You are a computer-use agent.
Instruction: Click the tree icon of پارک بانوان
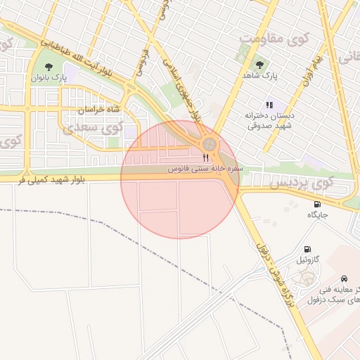pyautogui.click(x=48, y=67)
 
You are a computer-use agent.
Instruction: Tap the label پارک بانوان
pyautogui.click(x=48, y=78)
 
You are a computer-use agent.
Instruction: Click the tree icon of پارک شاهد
pyautogui.click(x=261, y=64)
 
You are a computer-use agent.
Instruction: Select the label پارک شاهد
pyautogui.click(x=261, y=75)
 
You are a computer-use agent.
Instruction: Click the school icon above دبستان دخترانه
pyautogui.click(x=269, y=105)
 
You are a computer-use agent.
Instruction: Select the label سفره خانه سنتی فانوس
pyautogui.click(x=206, y=169)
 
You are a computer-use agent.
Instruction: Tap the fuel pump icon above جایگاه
pyautogui.click(x=317, y=204)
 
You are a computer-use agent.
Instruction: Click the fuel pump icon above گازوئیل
pyautogui.click(x=307, y=249)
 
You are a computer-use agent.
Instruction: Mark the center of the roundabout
pyautogui.click(x=209, y=145)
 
